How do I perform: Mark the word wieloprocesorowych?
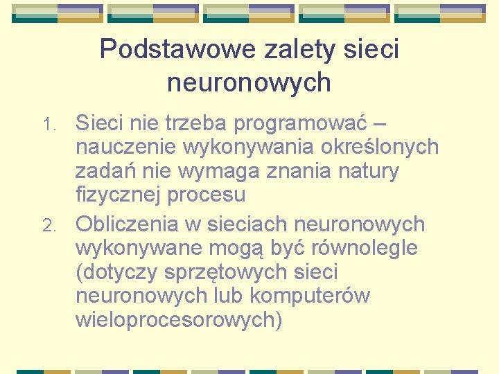(179, 320)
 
